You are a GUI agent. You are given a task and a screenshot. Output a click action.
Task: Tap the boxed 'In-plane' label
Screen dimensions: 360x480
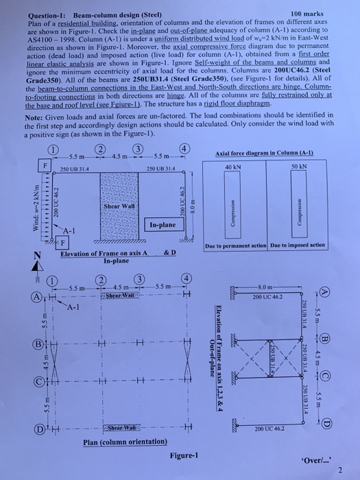163,224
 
